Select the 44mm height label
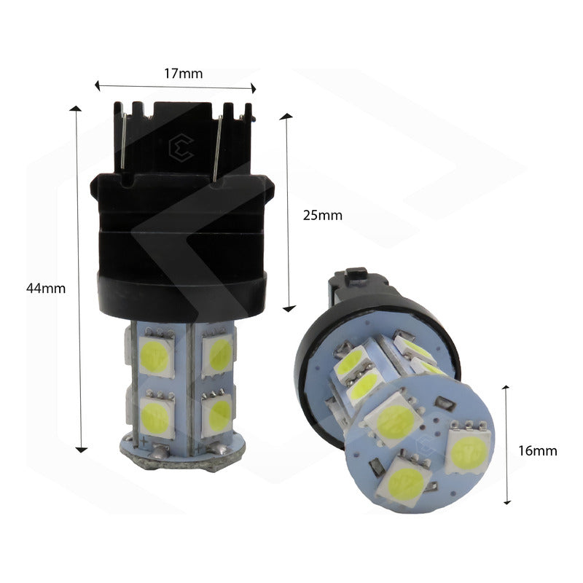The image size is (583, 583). coord(46,288)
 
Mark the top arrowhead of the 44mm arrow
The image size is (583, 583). coord(77,109)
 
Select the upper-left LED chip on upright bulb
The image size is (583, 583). coord(155,353)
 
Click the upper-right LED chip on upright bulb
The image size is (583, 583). coord(216,353)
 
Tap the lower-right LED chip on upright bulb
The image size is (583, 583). coord(217,413)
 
